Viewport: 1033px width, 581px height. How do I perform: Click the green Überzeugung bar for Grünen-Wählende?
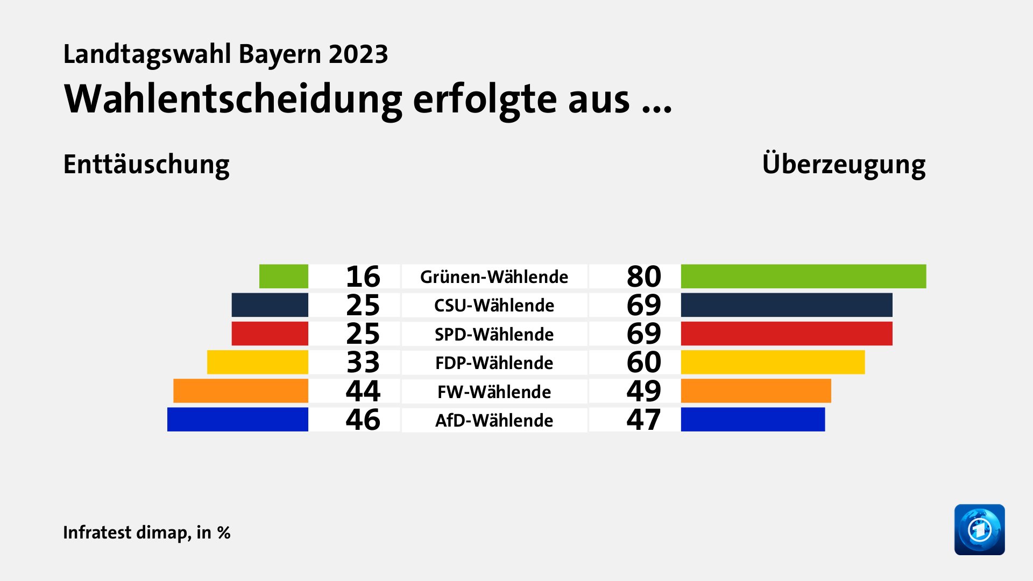(x=803, y=277)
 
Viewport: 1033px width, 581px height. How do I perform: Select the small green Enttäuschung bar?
(x=284, y=277)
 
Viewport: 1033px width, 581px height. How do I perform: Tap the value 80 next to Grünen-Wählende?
(x=643, y=277)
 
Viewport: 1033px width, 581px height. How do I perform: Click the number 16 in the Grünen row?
(x=363, y=277)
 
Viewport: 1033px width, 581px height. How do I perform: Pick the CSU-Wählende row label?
(x=494, y=306)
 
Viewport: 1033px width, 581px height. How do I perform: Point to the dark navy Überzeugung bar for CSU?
(x=786, y=305)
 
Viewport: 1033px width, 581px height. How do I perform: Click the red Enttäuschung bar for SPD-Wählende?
(x=270, y=334)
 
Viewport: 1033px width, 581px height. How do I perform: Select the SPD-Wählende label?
(x=494, y=334)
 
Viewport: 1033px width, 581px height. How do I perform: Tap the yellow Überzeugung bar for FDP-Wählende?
(x=773, y=362)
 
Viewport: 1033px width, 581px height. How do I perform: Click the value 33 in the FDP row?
(x=363, y=362)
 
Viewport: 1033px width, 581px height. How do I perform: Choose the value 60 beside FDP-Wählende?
(x=643, y=362)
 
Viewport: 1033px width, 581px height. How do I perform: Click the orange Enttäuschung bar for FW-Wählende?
(x=240, y=391)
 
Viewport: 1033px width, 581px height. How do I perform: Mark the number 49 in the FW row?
(x=643, y=391)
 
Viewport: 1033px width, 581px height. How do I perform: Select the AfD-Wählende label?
(x=494, y=420)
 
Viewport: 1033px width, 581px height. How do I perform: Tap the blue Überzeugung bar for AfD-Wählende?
(x=753, y=420)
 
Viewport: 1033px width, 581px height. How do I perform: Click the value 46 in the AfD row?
(x=363, y=420)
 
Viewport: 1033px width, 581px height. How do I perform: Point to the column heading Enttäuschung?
(x=146, y=165)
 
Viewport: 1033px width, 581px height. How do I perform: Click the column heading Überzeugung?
(x=844, y=165)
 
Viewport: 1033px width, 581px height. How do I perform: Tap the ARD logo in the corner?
(x=979, y=529)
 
